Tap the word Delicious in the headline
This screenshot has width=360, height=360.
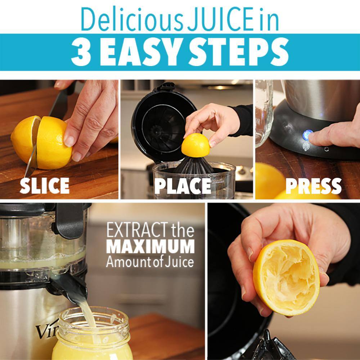[132, 19]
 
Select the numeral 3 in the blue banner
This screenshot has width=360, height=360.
[81, 52]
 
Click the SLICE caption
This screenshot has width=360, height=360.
[45, 185]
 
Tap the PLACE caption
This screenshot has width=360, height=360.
[183, 186]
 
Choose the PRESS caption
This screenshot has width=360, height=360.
[314, 186]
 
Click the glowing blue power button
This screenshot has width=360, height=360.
[307, 135]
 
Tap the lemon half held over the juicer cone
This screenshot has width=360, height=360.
[195, 145]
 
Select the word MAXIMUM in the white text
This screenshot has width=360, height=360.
[150, 247]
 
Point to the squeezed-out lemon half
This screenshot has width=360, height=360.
[286, 278]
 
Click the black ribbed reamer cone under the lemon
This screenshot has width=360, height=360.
[194, 165]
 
